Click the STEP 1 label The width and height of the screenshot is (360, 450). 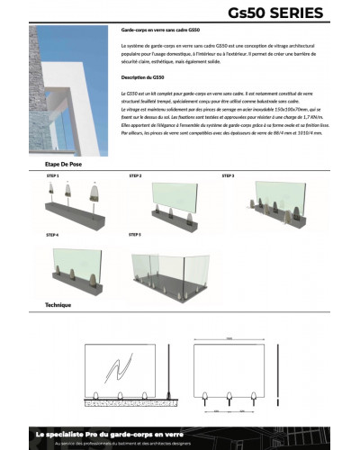(51, 177)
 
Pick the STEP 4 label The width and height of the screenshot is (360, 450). (51, 235)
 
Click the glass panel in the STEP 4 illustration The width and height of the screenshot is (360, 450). (76, 263)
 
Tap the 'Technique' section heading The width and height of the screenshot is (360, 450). (58, 305)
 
